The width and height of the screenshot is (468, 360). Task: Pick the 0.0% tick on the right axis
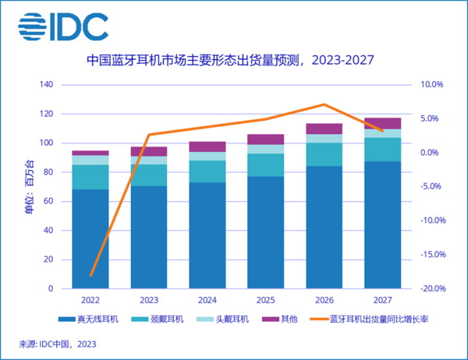[x=431, y=152]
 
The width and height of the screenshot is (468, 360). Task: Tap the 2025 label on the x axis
[x=265, y=298]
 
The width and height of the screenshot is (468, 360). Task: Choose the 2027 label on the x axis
[x=382, y=298]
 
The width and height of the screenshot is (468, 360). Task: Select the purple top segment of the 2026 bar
[x=324, y=129]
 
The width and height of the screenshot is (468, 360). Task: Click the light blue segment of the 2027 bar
[x=382, y=133]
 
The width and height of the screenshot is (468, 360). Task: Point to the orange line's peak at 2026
[x=324, y=104]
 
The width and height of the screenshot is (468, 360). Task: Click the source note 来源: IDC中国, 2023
[x=59, y=343]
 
